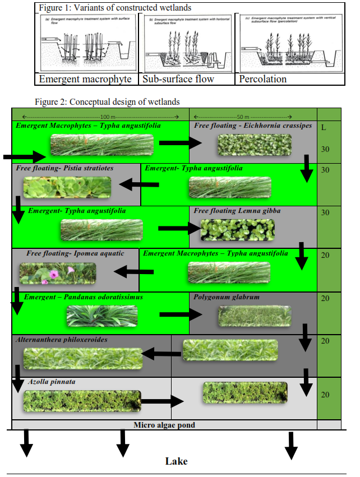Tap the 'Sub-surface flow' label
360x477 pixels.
click(178, 79)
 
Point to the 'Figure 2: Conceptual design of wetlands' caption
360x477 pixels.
click(107, 101)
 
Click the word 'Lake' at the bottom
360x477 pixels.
click(176, 461)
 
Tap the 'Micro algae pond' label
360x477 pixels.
click(164, 425)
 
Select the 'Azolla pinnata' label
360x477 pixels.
click(52, 382)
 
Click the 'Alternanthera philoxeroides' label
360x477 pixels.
click(62, 340)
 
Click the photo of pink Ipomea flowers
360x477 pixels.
click(58, 272)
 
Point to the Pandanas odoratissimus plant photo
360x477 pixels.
click(102, 316)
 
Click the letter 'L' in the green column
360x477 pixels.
click(324, 127)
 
